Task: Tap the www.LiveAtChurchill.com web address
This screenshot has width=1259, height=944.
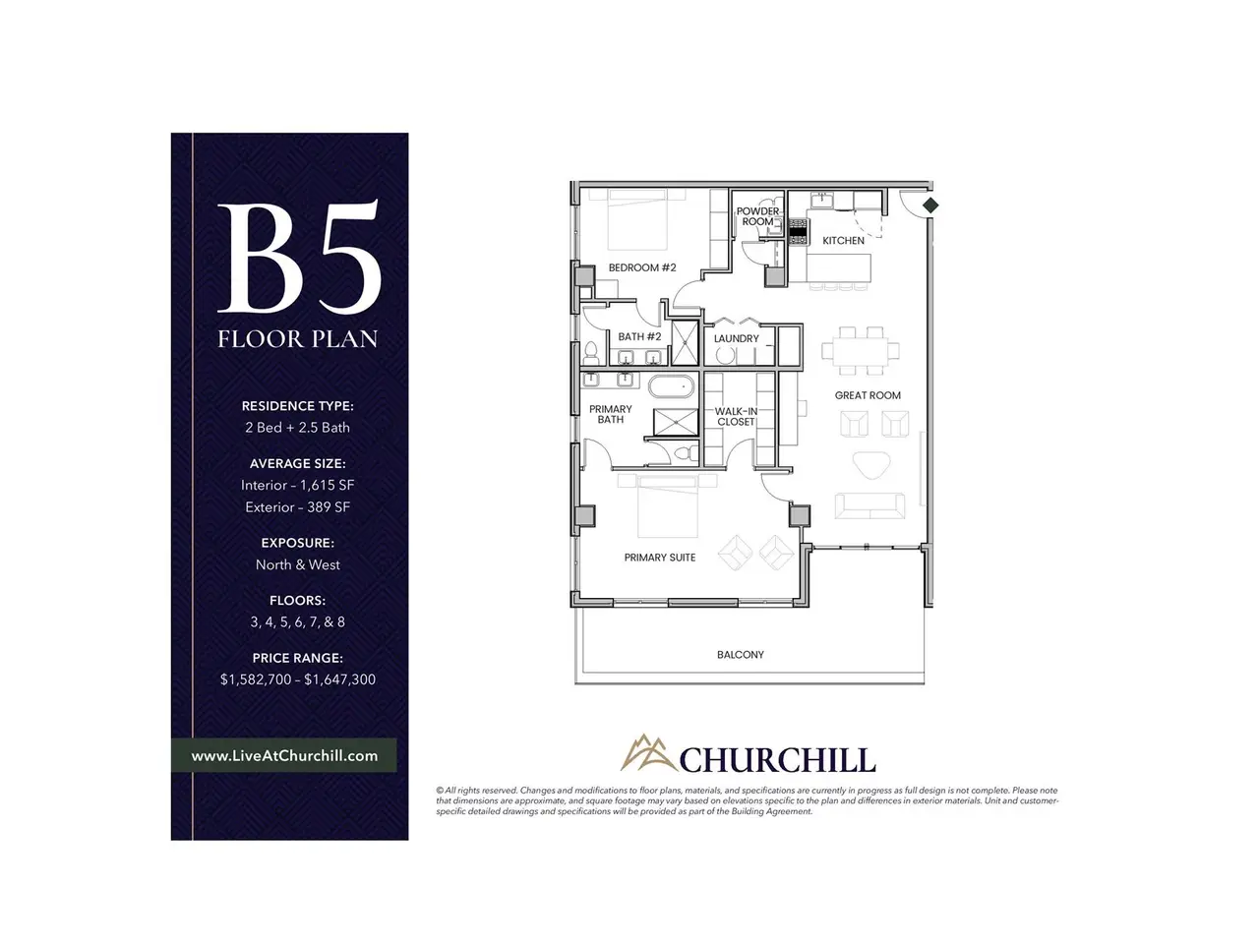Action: click(x=284, y=755)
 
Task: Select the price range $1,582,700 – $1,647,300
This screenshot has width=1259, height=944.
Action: click(x=298, y=679)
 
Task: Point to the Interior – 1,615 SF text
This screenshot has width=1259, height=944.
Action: click(x=298, y=485)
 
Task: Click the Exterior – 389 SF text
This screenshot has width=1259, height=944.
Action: click(x=298, y=506)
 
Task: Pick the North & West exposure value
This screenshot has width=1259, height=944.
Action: click(x=298, y=564)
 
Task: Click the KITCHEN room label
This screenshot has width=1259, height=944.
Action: click(x=843, y=241)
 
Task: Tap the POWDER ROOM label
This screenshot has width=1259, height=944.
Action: click(x=757, y=216)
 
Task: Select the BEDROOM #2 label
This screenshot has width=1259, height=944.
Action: click(x=642, y=267)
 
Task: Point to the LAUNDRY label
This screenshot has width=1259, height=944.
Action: click(x=736, y=338)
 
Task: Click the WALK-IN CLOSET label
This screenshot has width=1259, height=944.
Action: click(x=736, y=417)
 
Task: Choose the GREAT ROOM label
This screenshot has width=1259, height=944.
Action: click(x=868, y=395)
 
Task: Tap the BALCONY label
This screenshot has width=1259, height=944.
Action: click(x=740, y=655)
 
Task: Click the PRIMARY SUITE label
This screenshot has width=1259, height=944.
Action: click(x=660, y=558)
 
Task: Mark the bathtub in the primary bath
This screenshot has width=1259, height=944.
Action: click(x=671, y=386)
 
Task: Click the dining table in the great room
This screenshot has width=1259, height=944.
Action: click(x=861, y=350)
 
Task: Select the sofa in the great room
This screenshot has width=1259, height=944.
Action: click(x=869, y=506)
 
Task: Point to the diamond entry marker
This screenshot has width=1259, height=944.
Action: click(x=930, y=206)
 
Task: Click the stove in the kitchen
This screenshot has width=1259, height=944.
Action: click(x=798, y=231)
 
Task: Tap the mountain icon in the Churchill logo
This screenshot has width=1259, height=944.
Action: click(x=649, y=752)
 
